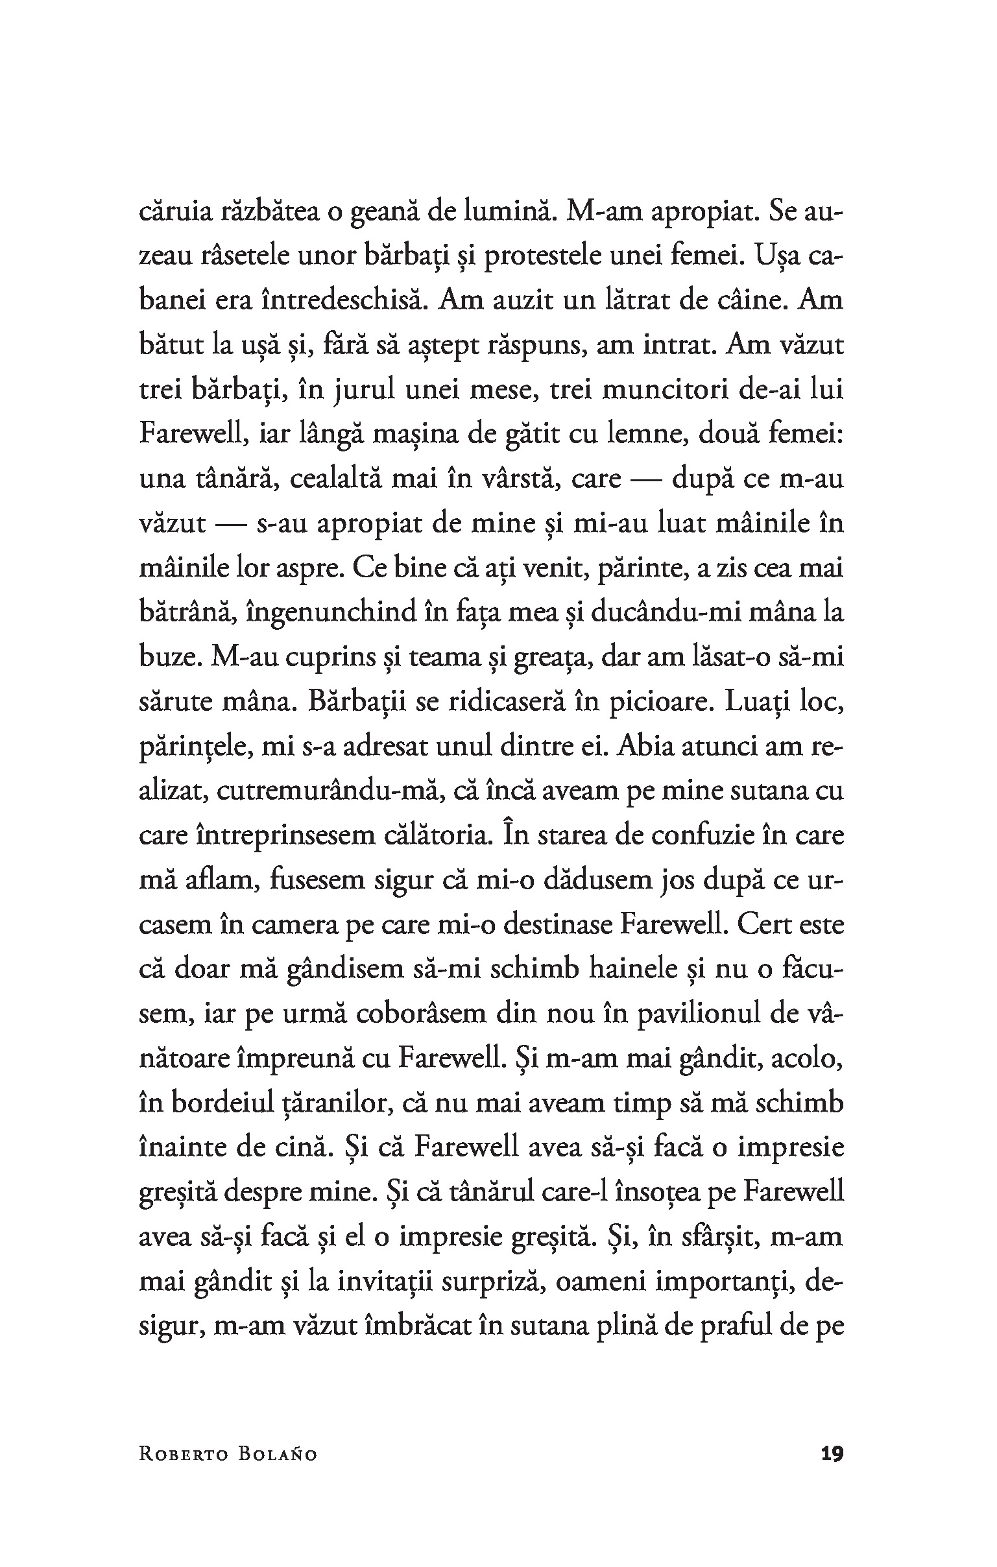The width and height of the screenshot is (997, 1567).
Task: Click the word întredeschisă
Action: pyautogui.click(x=342, y=302)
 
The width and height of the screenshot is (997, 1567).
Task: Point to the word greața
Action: pyautogui.click(x=553, y=657)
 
